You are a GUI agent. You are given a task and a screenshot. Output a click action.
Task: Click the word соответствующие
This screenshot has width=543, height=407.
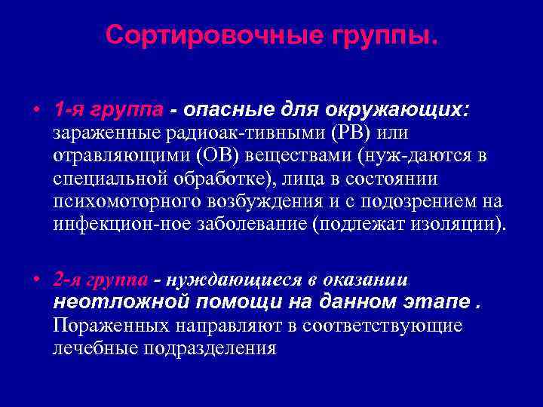[393, 326]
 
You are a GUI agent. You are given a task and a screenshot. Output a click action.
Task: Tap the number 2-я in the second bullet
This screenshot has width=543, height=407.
[67, 280]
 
